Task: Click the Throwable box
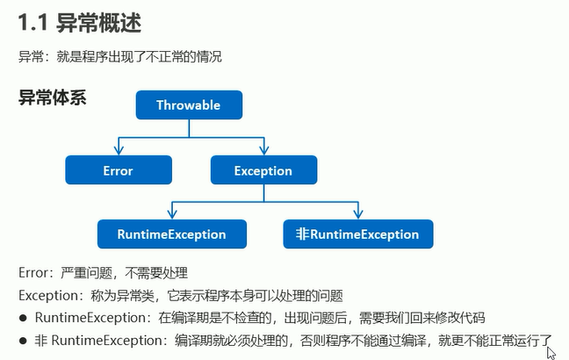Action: (x=189, y=104)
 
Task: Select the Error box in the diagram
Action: (x=119, y=169)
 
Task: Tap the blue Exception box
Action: (x=263, y=169)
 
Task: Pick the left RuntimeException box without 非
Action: (x=172, y=234)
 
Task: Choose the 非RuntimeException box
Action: (x=358, y=234)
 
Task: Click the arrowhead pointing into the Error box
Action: (x=119, y=150)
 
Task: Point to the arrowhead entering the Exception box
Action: (x=264, y=150)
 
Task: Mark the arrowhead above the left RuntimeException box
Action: (x=172, y=214)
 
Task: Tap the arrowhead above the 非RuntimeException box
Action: (x=358, y=214)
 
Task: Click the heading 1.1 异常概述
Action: (x=80, y=23)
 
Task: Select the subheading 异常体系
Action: (x=53, y=97)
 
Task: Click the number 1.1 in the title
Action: (x=33, y=23)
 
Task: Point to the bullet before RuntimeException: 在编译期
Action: (x=23, y=318)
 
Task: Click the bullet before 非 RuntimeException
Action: (x=23, y=341)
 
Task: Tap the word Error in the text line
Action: (x=33, y=273)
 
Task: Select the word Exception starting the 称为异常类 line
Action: (x=48, y=296)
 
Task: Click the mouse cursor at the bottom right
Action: (x=551, y=353)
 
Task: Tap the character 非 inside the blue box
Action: (x=302, y=234)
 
